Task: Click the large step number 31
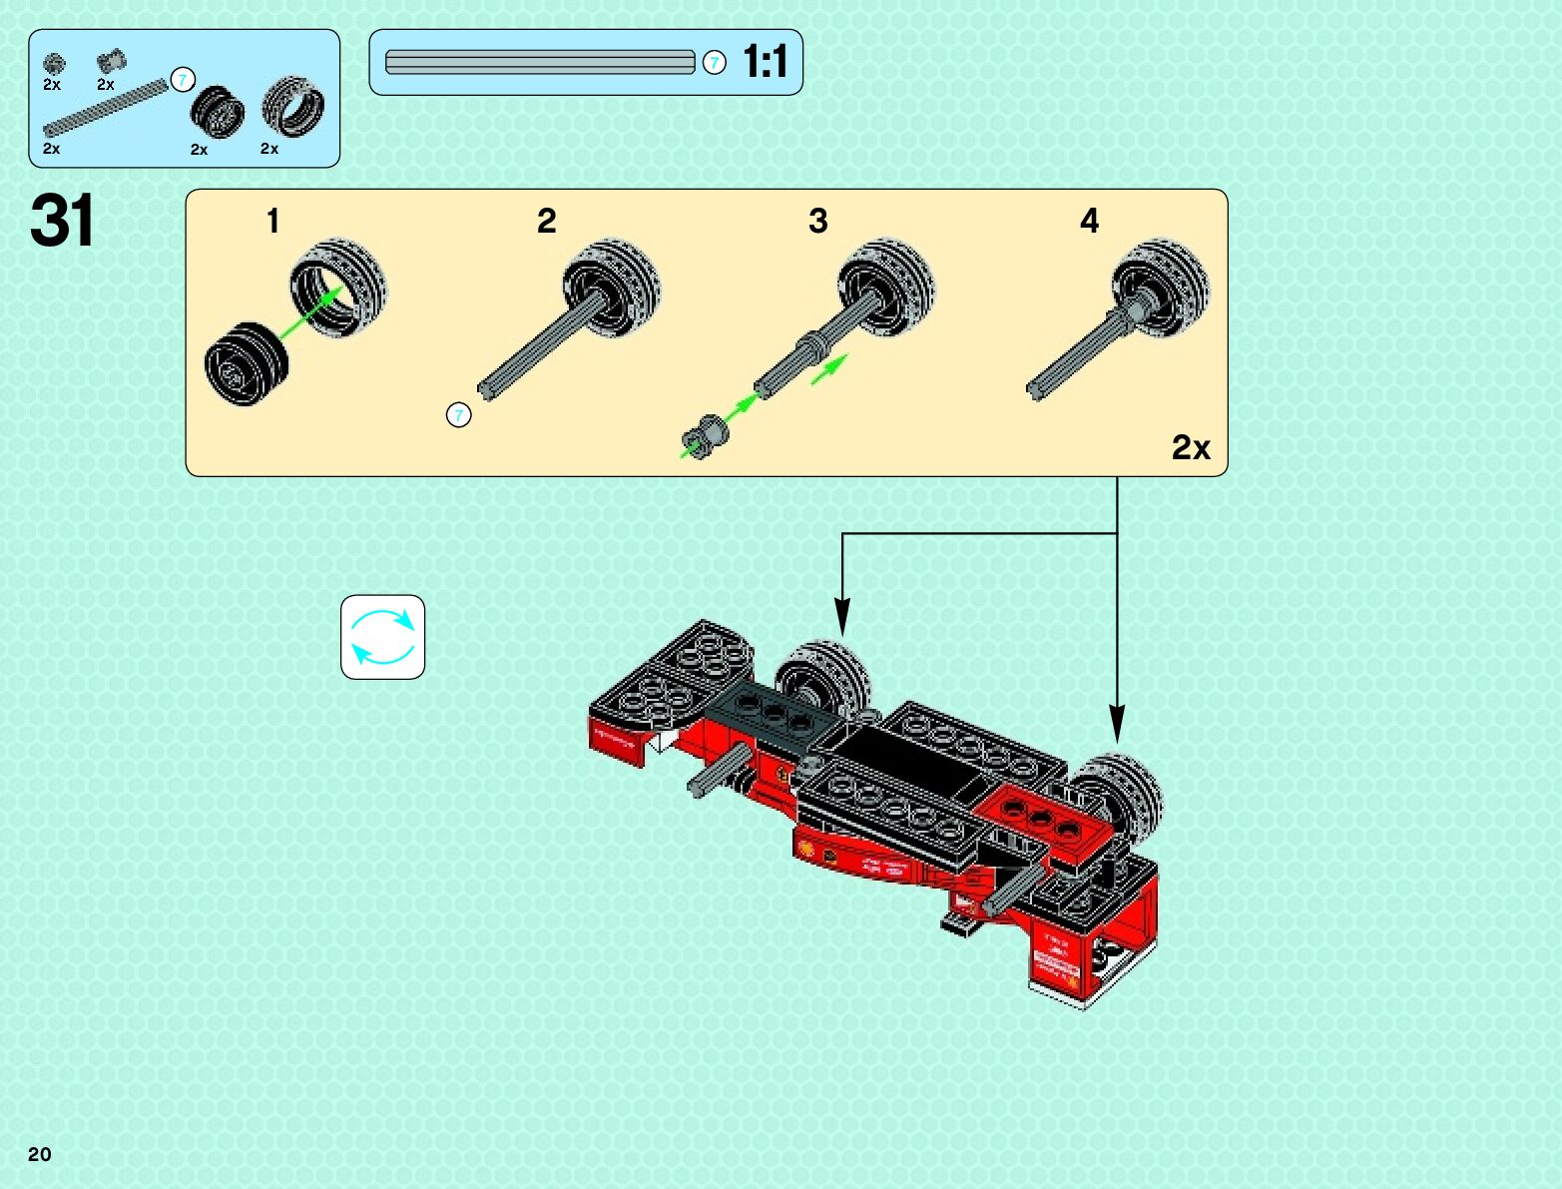pyautogui.click(x=62, y=221)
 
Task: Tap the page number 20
pyautogui.click(x=39, y=1154)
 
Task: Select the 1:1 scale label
pyautogui.click(x=766, y=62)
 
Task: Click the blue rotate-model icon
pyautogui.click(x=383, y=637)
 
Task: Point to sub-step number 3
pyautogui.click(x=817, y=221)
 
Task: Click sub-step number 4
pyautogui.click(x=1089, y=221)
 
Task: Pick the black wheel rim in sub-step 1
pyautogui.click(x=246, y=363)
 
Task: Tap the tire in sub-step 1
pyautogui.click(x=339, y=288)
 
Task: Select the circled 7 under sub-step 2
pyautogui.click(x=458, y=414)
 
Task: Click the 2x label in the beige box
pyautogui.click(x=1190, y=447)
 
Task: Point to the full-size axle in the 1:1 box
pyautogui.click(x=539, y=62)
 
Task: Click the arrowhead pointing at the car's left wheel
pyautogui.click(x=842, y=619)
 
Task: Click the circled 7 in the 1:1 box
pyautogui.click(x=714, y=62)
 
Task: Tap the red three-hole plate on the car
pyautogui.click(x=1041, y=819)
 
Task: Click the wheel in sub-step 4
pyautogui.click(x=1161, y=288)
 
